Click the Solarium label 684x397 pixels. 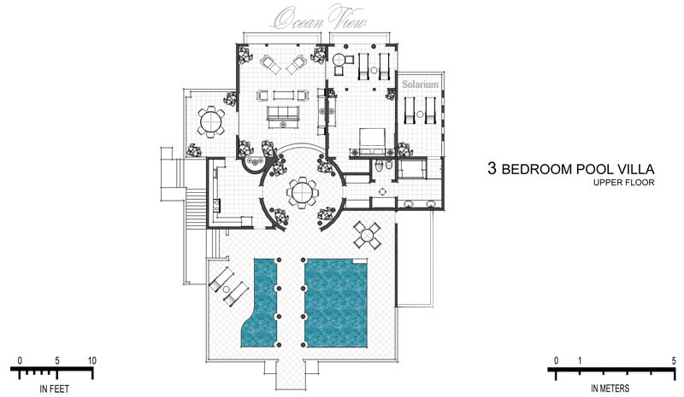(420, 85)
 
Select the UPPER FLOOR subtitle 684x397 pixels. (623, 183)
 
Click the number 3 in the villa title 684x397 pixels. (492, 168)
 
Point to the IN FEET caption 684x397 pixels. (55, 388)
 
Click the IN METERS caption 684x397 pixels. (610, 388)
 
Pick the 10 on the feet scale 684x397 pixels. (91, 360)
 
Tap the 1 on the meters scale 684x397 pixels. (580, 360)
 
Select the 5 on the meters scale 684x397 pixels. (674, 360)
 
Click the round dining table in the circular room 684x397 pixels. (302, 192)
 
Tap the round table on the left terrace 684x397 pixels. (210, 120)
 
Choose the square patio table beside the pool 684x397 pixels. (367, 236)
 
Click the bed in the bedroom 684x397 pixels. (372, 140)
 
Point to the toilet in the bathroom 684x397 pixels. (380, 165)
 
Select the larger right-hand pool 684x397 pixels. (336, 303)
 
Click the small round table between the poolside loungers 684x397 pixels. (226, 289)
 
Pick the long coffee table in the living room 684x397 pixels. (285, 95)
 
